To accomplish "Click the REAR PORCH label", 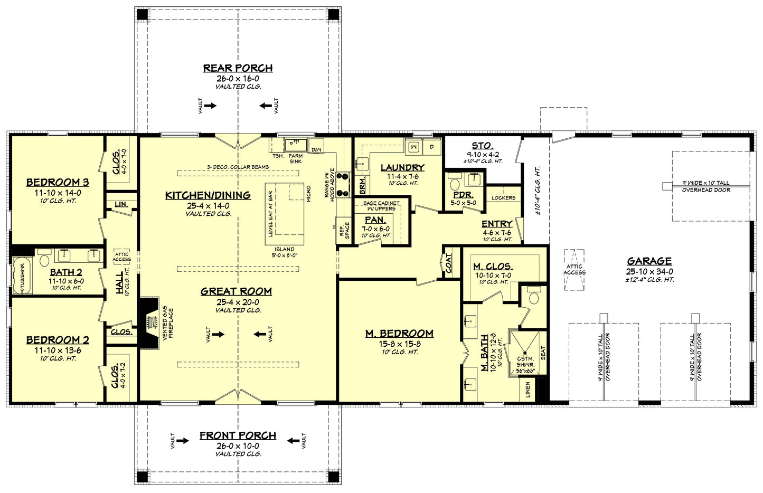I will pyautogui.click(x=238, y=68).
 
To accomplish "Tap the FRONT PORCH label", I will pyautogui.click(x=238, y=435).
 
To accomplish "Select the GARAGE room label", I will pyautogui.click(x=649, y=261).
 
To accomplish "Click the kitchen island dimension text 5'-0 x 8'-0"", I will pyautogui.click(x=284, y=255).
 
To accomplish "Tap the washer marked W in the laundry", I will pyautogui.click(x=414, y=146).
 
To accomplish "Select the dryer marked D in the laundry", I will pyautogui.click(x=431, y=146).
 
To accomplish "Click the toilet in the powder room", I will pyautogui.click(x=454, y=184).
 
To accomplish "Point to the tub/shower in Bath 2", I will pyautogui.click(x=21, y=276).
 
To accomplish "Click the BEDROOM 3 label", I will pyautogui.click(x=58, y=183).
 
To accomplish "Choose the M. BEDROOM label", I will pyautogui.click(x=399, y=334).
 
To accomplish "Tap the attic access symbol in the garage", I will pyautogui.click(x=574, y=270).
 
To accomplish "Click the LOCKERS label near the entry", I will pyautogui.click(x=503, y=198).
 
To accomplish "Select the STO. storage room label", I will pyautogui.click(x=483, y=146).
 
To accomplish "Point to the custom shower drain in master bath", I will pyautogui.click(x=525, y=353).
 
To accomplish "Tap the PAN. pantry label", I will pyautogui.click(x=375, y=220).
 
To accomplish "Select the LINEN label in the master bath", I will pyautogui.click(x=527, y=390).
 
